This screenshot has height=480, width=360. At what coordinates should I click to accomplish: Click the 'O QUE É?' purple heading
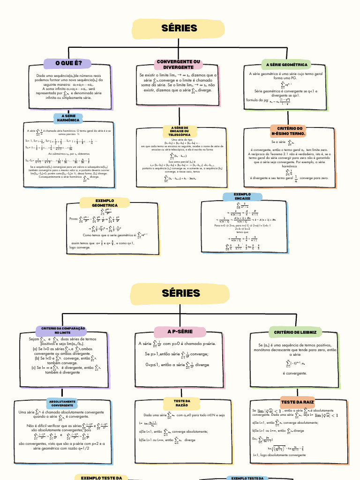(68, 63)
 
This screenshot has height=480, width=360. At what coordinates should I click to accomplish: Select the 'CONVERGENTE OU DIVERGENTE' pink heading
(178, 64)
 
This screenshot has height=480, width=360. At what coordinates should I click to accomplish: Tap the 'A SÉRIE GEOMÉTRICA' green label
(287, 65)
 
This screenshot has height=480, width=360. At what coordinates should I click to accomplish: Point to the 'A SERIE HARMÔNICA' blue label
(68, 118)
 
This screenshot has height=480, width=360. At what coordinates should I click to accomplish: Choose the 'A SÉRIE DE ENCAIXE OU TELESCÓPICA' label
(180, 131)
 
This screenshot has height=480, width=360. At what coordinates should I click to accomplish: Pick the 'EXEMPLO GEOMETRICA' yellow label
(105, 203)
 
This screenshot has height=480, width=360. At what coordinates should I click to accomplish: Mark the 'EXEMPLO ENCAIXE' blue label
(242, 196)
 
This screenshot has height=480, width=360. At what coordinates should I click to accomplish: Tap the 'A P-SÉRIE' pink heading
(180, 332)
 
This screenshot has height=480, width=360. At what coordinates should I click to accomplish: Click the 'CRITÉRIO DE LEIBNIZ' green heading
(295, 332)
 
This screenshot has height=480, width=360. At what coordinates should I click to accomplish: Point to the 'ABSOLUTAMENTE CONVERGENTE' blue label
(62, 403)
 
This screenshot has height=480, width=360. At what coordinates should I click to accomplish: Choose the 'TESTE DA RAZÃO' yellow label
(181, 403)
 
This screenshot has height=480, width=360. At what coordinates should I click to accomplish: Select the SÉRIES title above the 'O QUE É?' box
(180, 29)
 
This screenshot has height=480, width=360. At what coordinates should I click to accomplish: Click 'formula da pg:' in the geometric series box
(257, 100)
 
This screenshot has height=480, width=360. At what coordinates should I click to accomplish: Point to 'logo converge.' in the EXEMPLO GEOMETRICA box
(80, 247)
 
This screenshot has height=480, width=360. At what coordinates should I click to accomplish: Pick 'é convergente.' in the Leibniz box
(295, 374)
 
